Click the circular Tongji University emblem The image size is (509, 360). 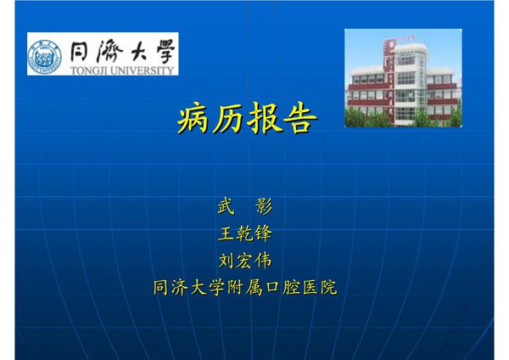[x=45, y=55]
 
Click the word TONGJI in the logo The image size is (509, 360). [x=87, y=70]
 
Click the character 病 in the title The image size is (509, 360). [x=194, y=121]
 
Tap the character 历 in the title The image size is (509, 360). [x=229, y=121]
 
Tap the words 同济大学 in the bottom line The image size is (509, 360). [x=188, y=287]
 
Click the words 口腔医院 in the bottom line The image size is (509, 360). [x=300, y=287]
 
